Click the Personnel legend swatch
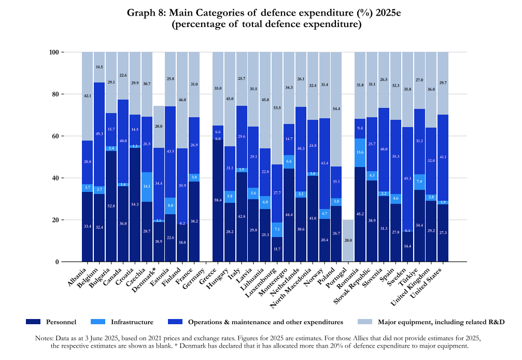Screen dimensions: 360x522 (33, 322)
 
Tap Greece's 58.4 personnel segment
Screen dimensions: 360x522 (218, 200)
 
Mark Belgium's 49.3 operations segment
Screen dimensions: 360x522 (99, 134)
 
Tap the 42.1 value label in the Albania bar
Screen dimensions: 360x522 (87, 96)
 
